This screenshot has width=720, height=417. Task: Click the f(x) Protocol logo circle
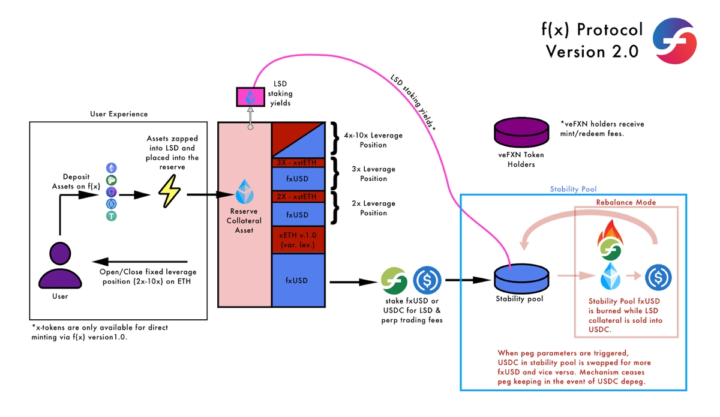[x=674, y=40]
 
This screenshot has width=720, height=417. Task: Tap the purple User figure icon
[x=60, y=268]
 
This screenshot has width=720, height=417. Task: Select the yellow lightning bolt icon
[x=169, y=194]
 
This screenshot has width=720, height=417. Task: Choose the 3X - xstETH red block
[x=298, y=162]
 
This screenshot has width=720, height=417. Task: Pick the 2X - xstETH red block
[x=298, y=197]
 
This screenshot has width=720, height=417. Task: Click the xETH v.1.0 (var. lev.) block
[x=298, y=238]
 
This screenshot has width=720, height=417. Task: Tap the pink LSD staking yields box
[x=248, y=97]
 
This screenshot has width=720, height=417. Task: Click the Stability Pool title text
[x=573, y=189]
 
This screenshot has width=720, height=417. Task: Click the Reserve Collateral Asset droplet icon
[x=245, y=191]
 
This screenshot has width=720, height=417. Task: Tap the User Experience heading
[x=119, y=114]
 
